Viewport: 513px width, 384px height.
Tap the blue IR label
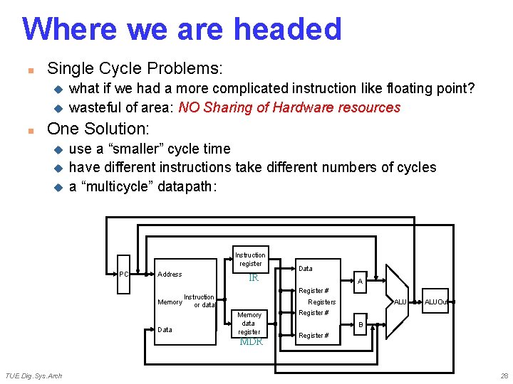[x=253, y=278]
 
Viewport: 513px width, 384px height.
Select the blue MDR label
[x=251, y=342]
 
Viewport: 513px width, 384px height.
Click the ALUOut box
[x=437, y=302]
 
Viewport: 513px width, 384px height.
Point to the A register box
[x=360, y=282]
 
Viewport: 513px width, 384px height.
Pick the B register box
[x=360, y=325]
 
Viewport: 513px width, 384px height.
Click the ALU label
[x=400, y=302]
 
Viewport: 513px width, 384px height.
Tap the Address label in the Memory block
[x=170, y=274]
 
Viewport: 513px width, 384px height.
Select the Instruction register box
[x=250, y=260]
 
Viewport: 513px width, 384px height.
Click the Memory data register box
[x=249, y=324]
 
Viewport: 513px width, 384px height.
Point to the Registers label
[x=321, y=302]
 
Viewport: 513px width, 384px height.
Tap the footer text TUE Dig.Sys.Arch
[x=33, y=375]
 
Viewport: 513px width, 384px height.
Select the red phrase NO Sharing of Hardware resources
[x=289, y=107]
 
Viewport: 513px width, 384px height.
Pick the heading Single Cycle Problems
[x=135, y=69]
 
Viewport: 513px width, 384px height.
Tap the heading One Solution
[x=98, y=129]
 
